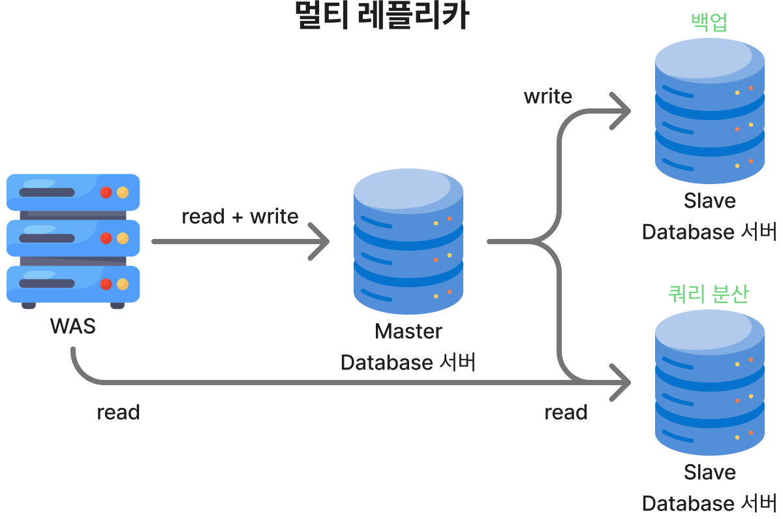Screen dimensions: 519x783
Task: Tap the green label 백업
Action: click(709, 22)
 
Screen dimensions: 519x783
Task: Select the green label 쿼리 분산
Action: click(709, 294)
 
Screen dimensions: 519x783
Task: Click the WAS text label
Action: click(72, 326)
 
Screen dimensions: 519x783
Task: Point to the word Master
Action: click(408, 331)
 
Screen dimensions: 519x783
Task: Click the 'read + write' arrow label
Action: click(239, 216)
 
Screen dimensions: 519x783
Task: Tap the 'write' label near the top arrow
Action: click(547, 97)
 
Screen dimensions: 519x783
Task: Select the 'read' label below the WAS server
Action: click(118, 412)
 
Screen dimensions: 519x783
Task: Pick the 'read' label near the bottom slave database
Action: click(566, 412)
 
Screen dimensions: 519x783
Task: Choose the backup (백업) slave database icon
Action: click(709, 111)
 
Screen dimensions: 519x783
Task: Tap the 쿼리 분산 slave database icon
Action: click(709, 383)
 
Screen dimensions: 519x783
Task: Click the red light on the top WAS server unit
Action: click(106, 193)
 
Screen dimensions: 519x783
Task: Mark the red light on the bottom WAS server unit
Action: click(106, 284)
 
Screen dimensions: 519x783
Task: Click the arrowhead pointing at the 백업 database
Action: click(623, 111)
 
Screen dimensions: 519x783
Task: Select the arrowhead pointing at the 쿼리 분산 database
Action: click(623, 383)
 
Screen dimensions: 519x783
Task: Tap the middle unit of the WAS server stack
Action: click(73, 238)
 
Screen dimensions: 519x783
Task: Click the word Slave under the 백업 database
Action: click(709, 200)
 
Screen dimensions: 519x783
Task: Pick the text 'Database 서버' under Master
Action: click(408, 362)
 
